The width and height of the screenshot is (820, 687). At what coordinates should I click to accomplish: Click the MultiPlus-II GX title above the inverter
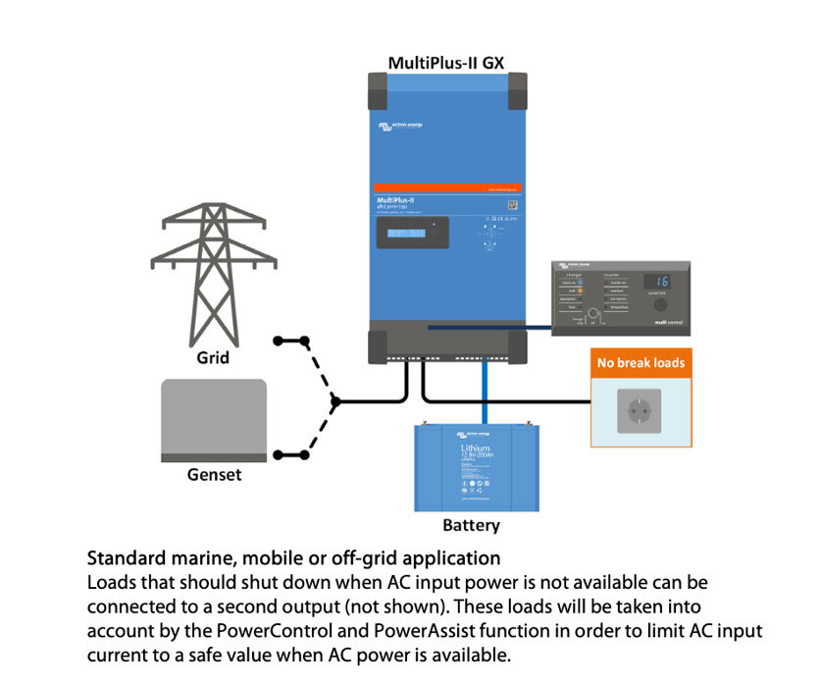click(447, 62)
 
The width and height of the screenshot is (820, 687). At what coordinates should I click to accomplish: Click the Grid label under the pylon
click(213, 358)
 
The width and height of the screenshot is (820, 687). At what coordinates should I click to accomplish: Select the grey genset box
click(213, 420)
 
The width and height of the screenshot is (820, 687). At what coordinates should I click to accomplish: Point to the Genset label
click(214, 475)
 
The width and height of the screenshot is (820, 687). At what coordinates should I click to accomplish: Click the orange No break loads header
click(641, 363)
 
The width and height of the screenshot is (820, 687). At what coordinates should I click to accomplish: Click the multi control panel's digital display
click(656, 282)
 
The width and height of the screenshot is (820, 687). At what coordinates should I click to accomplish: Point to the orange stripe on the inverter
click(447, 188)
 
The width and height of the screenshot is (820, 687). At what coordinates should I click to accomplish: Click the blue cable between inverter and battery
click(485, 393)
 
